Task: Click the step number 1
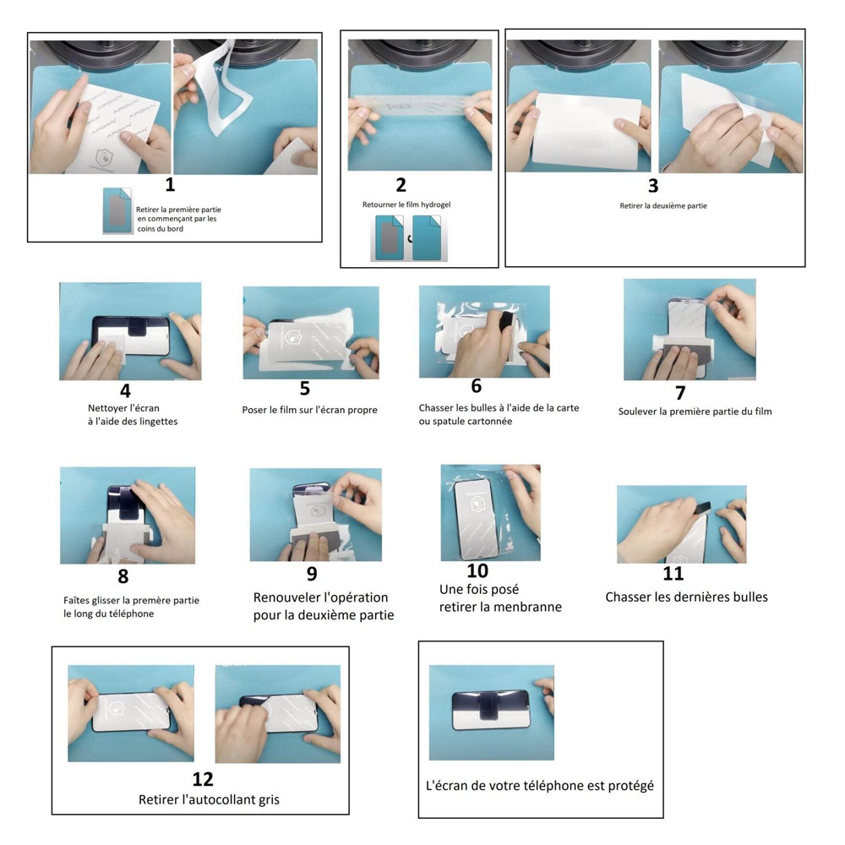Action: [171, 185]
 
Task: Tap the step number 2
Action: [401, 185]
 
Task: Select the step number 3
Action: [653, 186]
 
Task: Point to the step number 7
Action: [680, 393]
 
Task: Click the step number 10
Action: [477, 570]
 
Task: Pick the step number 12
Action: [203, 779]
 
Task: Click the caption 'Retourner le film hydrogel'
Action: [406, 204]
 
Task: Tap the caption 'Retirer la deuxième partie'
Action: [663, 206]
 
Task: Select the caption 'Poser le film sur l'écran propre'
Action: [310, 410]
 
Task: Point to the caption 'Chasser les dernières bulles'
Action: [686, 597]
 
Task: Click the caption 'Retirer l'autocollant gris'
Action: [209, 799]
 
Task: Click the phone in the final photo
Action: [491, 709]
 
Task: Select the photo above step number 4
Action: [130, 331]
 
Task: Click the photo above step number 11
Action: [682, 525]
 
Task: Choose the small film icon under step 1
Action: [117, 210]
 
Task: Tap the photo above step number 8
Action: [128, 515]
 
